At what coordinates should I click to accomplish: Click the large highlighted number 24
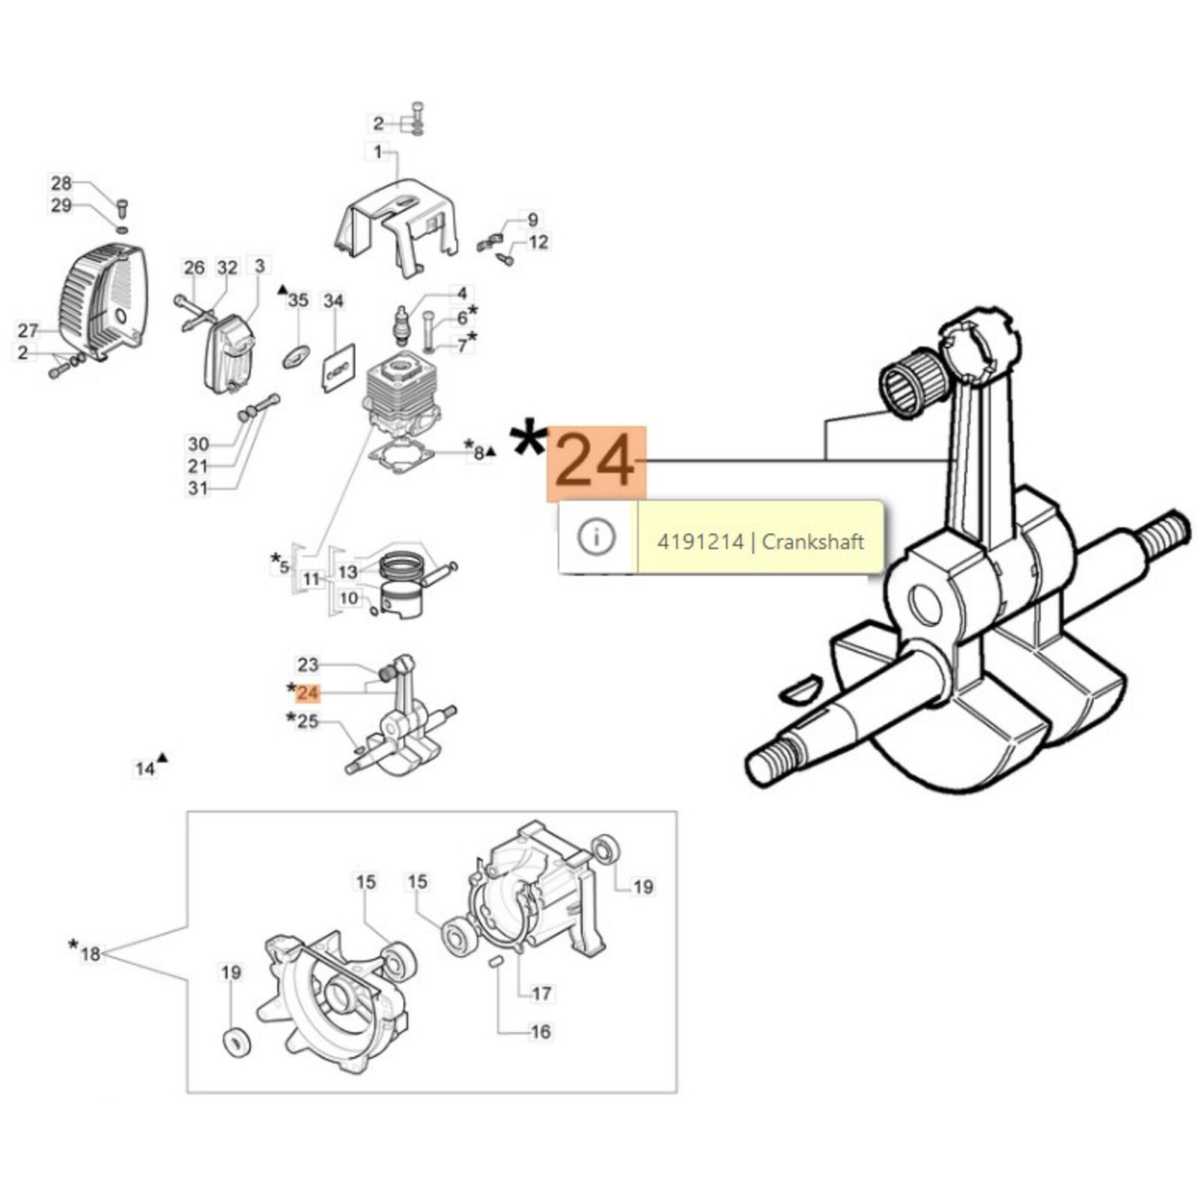click(597, 463)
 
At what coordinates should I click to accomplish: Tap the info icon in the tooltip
click(597, 537)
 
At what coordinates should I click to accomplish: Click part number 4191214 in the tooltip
click(700, 541)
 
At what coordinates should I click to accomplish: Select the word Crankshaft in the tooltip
click(812, 541)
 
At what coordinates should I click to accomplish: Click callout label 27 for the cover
click(28, 330)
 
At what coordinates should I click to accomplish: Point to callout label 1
click(377, 152)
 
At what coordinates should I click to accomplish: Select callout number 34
click(333, 301)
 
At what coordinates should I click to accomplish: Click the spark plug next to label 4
click(404, 324)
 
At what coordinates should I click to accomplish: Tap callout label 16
click(540, 1031)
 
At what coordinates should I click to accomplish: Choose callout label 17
click(541, 993)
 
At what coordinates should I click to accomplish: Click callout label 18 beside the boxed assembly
click(90, 953)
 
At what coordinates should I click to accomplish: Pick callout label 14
click(145, 768)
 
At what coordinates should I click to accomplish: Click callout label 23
click(308, 664)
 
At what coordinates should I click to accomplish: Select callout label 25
click(308, 722)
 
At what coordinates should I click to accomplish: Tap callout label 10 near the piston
click(349, 598)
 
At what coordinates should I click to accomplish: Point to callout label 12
click(538, 242)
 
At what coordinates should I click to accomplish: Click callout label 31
click(198, 488)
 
